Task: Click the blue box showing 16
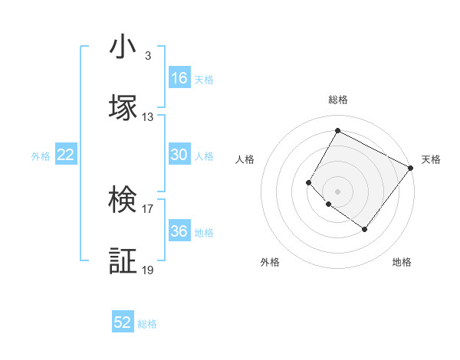click(x=179, y=78)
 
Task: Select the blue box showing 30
click(x=179, y=155)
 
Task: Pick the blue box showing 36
click(x=179, y=231)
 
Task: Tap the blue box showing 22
click(x=66, y=155)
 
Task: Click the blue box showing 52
click(x=123, y=322)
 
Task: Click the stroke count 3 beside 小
click(x=147, y=56)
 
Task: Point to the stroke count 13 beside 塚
click(x=148, y=117)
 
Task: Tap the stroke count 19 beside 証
click(x=148, y=270)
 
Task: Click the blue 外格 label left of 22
click(x=41, y=156)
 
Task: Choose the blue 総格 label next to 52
click(x=147, y=324)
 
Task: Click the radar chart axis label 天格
click(x=431, y=159)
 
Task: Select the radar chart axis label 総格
click(x=338, y=100)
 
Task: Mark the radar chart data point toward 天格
click(x=410, y=168)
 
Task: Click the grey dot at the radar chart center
click(x=337, y=191)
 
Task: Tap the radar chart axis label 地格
click(x=402, y=262)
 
